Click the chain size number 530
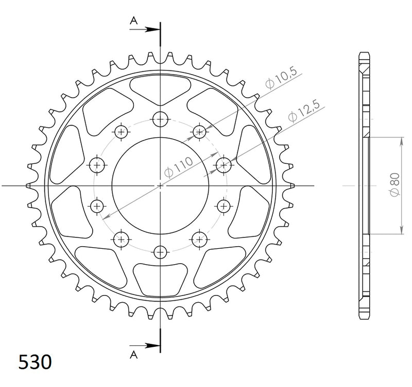click(35, 362)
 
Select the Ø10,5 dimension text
click(281, 78)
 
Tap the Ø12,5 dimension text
click(304, 111)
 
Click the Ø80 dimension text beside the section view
click(395, 185)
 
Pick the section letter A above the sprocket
click(134, 21)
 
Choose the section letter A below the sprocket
click(134, 355)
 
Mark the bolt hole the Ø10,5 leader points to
click(199, 132)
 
